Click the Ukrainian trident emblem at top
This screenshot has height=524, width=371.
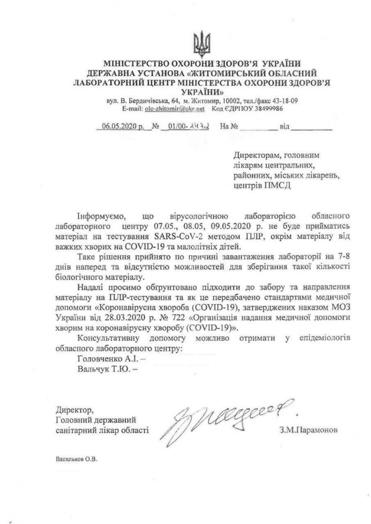click(x=202, y=42)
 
